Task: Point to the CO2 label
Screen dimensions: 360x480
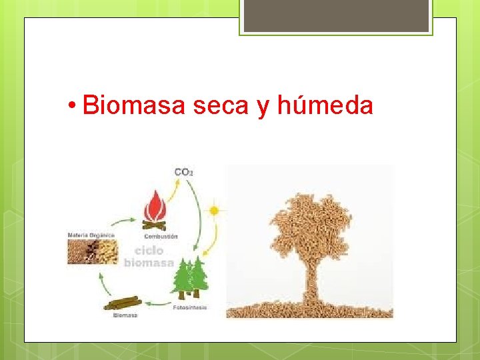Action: pyautogui.click(x=183, y=172)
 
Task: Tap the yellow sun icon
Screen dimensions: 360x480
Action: pyautogui.click(x=214, y=211)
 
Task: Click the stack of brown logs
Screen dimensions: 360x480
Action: pyautogui.click(x=121, y=303)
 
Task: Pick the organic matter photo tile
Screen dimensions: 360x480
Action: pyautogui.click(x=93, y=253)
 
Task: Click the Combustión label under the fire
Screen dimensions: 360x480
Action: pyautogui.click(x=160, y=236)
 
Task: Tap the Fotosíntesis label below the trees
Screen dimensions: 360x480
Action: pyautogui.click(x=190, y=307)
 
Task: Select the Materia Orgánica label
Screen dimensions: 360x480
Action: pyautogui.click(x=91, y=235)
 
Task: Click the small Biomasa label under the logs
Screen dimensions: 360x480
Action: pyautogui.click(x=125, y=315)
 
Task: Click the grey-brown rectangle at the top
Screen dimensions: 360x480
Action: pyautogui.click(x=336, y=15)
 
